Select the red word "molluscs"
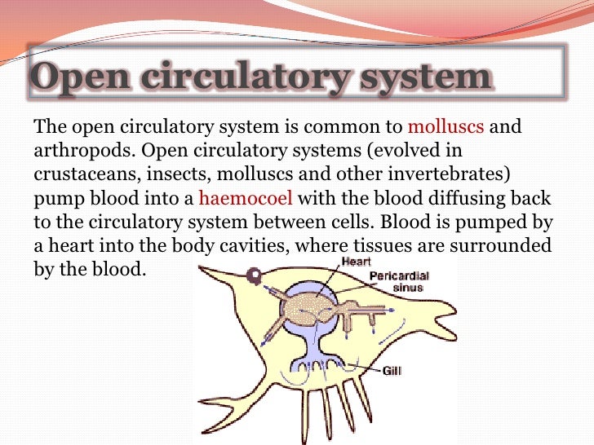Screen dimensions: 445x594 point(445,127)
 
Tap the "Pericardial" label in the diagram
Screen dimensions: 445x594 point(400,276)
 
